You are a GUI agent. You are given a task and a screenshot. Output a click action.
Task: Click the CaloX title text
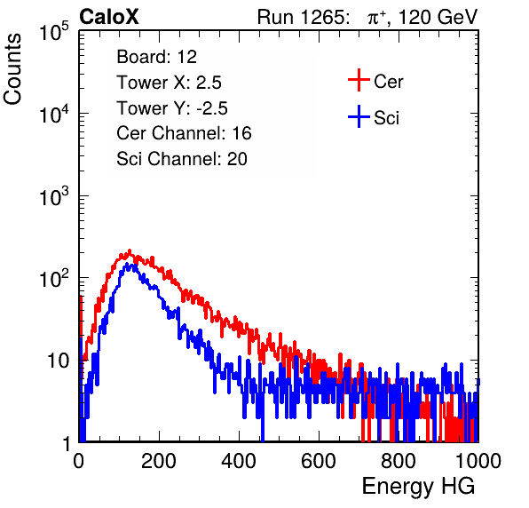tap(108, 17)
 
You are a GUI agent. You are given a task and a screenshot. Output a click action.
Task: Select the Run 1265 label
tap(304, 17)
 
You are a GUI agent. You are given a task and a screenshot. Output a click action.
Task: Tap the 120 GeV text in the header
tap(438, 17)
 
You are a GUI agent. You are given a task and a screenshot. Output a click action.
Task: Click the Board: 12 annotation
tap(156, 57)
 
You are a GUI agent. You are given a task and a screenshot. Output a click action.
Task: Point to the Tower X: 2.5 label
tap(169, 83)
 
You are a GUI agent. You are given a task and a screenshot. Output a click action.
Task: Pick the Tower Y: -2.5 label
tap(172, 108)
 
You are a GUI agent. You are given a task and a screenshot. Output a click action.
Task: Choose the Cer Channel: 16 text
tap(184, 133)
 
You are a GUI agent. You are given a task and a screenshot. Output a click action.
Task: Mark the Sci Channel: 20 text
tap(182, 159)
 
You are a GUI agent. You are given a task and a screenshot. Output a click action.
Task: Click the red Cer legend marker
tap(359, 80)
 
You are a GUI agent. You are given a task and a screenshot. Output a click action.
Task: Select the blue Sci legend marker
tap(359, 116)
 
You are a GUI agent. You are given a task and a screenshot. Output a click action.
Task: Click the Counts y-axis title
tap(12, 69)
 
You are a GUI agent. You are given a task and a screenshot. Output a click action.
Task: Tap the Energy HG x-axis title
tap(418, 487)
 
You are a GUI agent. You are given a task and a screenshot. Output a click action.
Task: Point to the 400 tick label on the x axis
tap(239, 461)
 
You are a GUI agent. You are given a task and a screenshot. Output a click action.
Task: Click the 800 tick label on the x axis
tap(399, 461)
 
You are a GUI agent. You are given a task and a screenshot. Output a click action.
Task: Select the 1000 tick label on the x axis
tap(478, 461)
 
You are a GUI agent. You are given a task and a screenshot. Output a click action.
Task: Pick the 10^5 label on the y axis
tap(54, 32)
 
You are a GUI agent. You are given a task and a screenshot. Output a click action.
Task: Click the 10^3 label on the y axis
tap(54, 197)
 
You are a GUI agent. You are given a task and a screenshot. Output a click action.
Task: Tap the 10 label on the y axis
tap(58, 361)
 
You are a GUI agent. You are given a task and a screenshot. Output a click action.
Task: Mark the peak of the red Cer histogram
tap(129, 252)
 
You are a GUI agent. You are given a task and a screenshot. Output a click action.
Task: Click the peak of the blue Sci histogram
tap(127, 265)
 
